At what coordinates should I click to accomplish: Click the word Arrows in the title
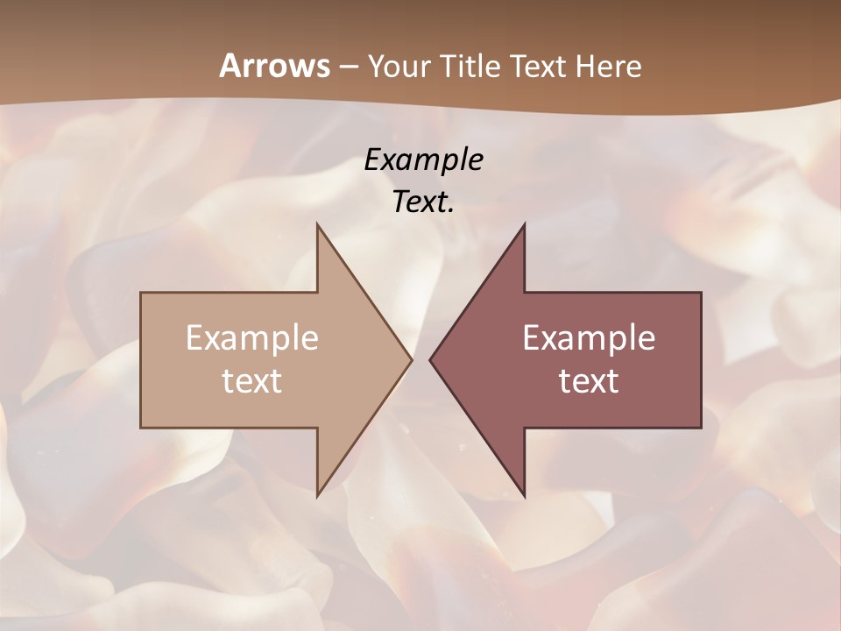[x=273, y=66]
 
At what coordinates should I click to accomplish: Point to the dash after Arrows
[x=348, y=67]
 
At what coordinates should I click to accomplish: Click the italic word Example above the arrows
[x=423, y=160]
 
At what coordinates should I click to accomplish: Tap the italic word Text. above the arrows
[x=423, y=202]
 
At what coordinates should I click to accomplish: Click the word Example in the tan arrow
[x=252, y=337]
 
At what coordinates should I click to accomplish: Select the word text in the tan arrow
[x=252, y=380]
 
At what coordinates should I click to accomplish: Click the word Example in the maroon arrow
[x=589, y=337]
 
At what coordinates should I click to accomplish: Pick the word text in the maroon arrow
[x=589, y=380]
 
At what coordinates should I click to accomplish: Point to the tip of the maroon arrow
[x=432, y=359]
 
